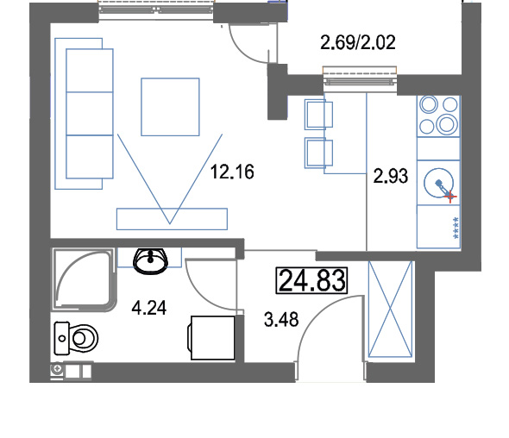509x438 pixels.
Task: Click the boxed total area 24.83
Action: [311, 280]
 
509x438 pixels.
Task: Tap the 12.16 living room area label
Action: [232, 172]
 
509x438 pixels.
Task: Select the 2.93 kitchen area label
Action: [391, 176]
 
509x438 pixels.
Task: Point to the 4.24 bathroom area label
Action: [149, 308]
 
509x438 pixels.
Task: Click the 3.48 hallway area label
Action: [281, 320]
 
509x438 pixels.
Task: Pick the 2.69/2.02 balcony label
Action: [358, 42]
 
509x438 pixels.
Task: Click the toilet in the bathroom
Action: [76, 338]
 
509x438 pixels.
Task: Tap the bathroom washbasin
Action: [150, 261]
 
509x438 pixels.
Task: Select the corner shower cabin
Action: [84, 280]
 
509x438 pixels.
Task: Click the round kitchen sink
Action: [438, 183]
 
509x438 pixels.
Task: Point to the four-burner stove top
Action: [438, 116]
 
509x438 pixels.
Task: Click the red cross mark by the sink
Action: [450, 197]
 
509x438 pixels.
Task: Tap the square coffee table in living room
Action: [170, 107]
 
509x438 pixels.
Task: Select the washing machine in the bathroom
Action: [211, 338]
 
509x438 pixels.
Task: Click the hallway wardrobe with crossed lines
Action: [390, 309]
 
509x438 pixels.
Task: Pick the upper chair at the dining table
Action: [318, 115]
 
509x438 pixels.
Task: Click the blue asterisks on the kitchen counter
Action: [456, 228]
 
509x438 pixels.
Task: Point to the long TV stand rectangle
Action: [172, 219]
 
